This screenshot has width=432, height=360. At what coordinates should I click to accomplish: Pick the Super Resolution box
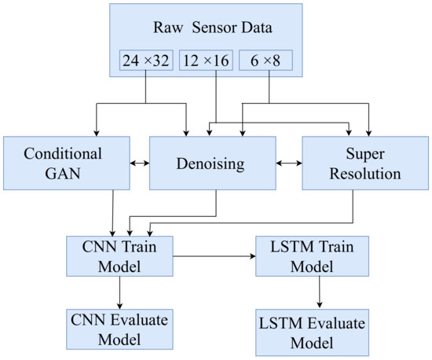(x=365, y=163)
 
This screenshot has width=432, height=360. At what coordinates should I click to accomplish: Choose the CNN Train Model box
(x=120, y=256)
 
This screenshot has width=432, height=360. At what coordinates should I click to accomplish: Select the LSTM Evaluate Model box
(x=318, y=333)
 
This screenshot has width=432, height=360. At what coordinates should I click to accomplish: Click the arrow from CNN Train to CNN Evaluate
(x=120, y=293)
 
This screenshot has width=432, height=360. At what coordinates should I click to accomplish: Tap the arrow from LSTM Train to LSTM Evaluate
(x=318, y=294)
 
